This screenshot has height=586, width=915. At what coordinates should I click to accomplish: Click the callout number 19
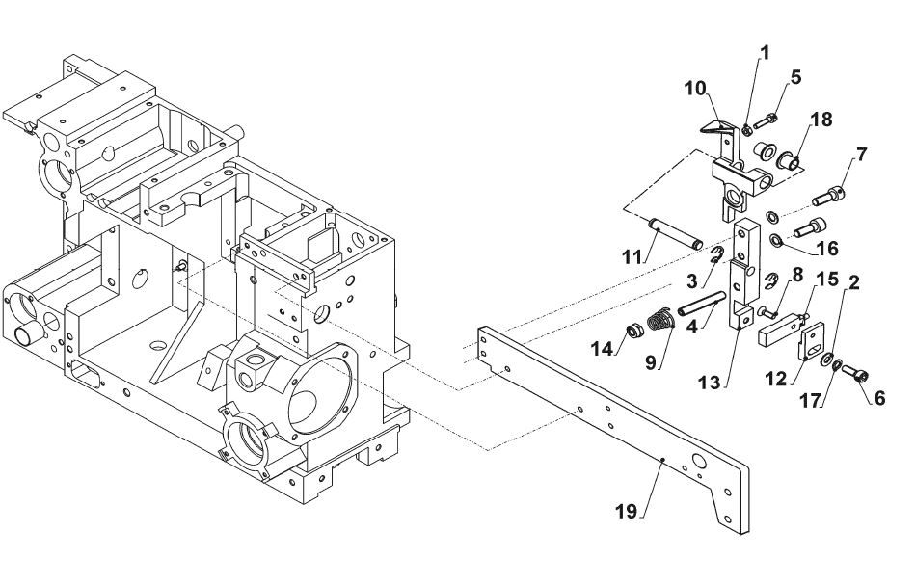point(626,512)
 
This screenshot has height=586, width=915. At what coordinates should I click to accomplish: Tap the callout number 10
point(695,88)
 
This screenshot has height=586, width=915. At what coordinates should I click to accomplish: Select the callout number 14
point(602,349)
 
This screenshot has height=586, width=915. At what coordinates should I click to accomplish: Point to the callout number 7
point(861,154)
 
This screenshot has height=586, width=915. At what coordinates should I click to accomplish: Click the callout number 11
point(632,256)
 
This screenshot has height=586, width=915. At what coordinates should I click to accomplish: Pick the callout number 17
point(811,401)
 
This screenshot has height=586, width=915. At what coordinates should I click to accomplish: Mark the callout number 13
point(710,383)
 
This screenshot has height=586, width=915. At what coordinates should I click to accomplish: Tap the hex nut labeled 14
point(633,333)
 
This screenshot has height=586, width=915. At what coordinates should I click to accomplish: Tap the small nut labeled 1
point(747,129)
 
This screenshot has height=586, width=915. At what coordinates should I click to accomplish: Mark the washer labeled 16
point(777,239)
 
